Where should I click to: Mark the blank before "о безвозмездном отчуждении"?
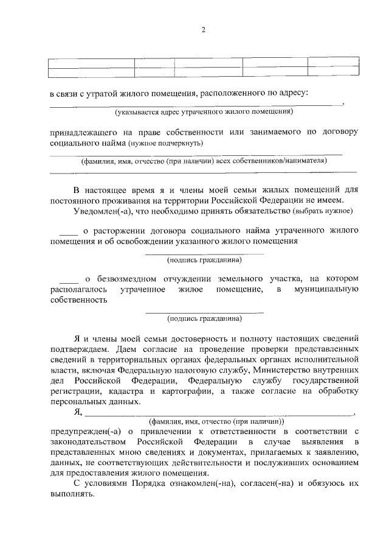point(69,278)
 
